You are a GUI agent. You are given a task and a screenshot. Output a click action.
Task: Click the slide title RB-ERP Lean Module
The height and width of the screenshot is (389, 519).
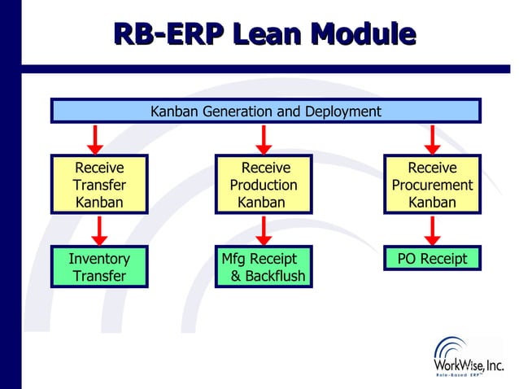(264, 33)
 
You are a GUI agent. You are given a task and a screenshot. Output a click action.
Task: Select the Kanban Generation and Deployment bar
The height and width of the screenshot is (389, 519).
(265, 111)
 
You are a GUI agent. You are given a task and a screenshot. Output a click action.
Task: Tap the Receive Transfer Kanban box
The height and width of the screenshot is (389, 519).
(99, 185)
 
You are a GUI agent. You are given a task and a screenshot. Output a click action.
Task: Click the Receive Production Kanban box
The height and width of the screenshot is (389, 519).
(263, 185)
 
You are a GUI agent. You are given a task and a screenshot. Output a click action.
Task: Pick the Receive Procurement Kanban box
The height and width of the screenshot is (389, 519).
(432, 185)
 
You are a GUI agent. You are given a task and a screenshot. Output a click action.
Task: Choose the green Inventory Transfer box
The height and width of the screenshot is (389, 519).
(99, 267)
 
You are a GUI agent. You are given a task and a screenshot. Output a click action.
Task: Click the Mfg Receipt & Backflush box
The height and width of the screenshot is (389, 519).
(263, 267)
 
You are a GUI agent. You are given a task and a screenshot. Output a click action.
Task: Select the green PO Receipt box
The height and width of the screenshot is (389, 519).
(432, 259)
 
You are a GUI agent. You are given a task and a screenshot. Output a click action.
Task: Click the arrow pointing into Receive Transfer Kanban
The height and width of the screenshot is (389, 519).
(95, 139)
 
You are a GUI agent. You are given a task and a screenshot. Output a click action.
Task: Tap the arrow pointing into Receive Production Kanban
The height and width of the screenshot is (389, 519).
(264, 139)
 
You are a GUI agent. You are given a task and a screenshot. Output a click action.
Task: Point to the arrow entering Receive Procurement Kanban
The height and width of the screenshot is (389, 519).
(433, 139)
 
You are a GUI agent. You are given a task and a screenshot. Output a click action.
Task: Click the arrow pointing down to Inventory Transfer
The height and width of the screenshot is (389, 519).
(100, 230)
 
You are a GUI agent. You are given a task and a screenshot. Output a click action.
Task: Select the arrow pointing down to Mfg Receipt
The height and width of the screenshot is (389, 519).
(264, 230)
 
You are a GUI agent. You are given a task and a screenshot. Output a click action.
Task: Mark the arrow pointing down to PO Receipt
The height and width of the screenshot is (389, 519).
(433, 230)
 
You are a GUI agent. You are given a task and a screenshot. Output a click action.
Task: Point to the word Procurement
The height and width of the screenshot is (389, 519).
(432, 185)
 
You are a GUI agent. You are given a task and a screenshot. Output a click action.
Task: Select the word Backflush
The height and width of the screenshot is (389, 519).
(268, 276)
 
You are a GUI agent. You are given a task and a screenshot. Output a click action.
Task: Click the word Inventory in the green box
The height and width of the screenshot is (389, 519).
(99, 259)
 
